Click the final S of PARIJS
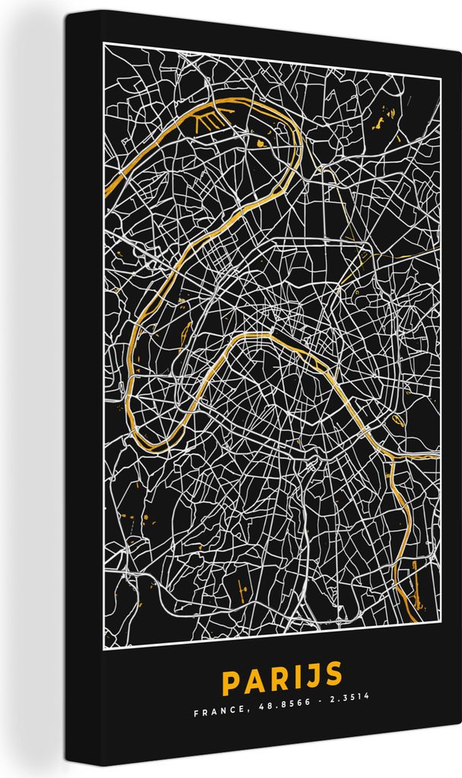coord(333,678)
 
